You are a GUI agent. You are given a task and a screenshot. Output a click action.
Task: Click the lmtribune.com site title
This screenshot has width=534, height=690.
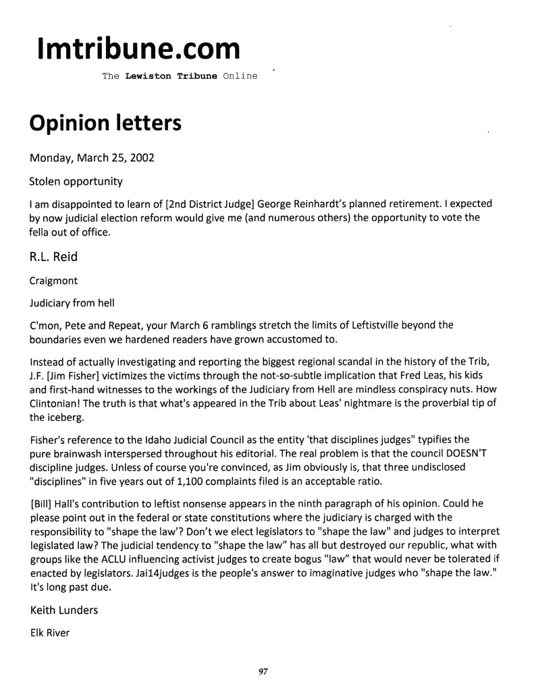[138, 49]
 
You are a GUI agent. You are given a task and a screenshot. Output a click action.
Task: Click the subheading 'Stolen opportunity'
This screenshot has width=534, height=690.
[76, 181]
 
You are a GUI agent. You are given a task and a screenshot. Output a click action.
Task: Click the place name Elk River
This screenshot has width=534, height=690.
[50, 633]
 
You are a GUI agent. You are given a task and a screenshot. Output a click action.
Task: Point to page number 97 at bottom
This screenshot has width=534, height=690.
[263, 671]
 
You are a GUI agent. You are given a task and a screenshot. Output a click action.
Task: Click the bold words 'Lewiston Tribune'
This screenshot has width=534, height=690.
[171, 76]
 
